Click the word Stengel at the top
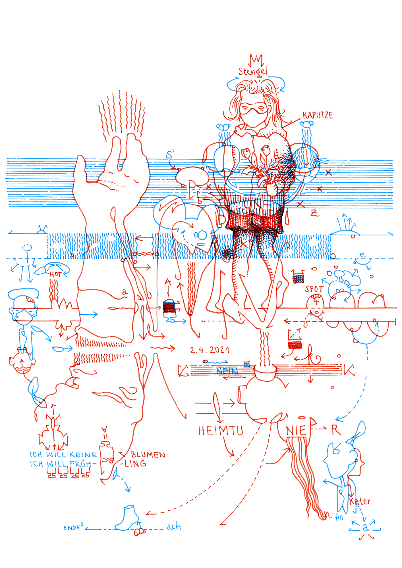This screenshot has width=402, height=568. tap(252, 72)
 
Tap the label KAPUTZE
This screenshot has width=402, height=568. tap(318, 115)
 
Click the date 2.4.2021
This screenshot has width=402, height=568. tap(210, 350)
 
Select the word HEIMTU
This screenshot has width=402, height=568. tap(221, 431)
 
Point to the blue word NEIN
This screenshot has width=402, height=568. tap(227, 371)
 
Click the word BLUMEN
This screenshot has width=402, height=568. tap(148, 455)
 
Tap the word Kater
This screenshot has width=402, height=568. tap(360, 502)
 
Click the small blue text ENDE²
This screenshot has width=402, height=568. tap(73, 527)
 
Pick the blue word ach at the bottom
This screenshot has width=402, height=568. tap(174, 527)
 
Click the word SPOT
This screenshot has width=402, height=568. tap(314, 289)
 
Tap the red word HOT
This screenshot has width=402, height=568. tap(55, 274)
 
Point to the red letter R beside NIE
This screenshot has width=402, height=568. tap(336, 430)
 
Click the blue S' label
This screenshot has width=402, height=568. tap(170, 155)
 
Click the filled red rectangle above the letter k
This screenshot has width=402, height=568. tap(295, 345)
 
